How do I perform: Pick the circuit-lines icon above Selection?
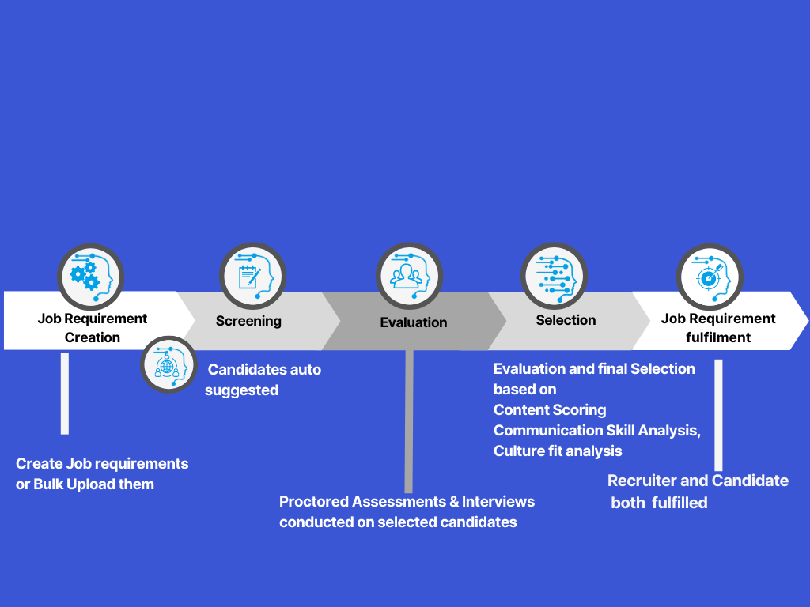[x=555, y=276]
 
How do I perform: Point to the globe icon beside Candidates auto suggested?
[x=168, y=364]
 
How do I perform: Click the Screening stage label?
[x=248, y=321]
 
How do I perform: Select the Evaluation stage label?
[x=414, y=322]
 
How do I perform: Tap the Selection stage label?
[x=566, y=320]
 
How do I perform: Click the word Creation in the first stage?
[x=93, y=337]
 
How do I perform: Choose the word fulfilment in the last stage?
[x=718, y=337]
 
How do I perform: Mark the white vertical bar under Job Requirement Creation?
[x=65, y=393]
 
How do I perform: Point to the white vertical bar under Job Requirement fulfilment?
[x=718, y=415]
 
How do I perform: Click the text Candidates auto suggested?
[x=263, y=379]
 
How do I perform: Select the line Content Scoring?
[x=550, y=410]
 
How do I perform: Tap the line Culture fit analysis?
[x=558, y=451]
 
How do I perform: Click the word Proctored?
[x=314, y=502]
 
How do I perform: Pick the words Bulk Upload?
[x=71, y=484]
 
